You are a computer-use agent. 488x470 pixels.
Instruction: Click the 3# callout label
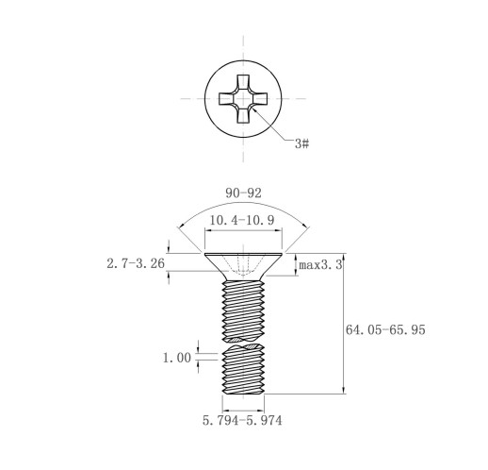[301, 143]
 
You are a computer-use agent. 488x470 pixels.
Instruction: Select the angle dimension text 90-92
[243, 193]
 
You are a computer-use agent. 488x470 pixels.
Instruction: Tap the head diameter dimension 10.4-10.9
[242, 220]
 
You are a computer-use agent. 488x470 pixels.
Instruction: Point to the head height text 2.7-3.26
[136, 263]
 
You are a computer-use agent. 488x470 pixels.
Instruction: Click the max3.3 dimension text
[320, 265]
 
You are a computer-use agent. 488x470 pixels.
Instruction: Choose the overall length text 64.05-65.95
[385, 329]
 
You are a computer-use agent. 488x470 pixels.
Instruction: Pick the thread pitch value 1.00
[177, 358]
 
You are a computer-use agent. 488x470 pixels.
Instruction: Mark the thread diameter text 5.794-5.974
[242, 420]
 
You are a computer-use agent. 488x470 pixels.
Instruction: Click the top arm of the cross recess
[243, 82]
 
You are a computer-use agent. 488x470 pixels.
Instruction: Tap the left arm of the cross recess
[227, 98]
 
